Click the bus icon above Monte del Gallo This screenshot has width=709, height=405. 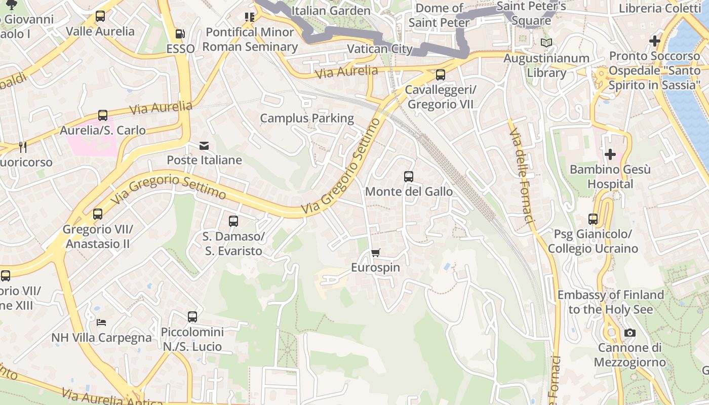coord(409,177)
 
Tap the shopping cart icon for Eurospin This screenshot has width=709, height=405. coord(375,253)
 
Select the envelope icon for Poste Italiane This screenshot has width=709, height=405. coord(204,146)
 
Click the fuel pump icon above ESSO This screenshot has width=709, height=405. coord(180,34)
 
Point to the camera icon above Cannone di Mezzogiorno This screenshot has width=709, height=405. coord(629,333)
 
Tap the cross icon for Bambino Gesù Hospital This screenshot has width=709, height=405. coord(610,154)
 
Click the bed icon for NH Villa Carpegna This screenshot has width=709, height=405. coord(101,322)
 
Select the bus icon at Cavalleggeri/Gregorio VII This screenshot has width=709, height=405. coord(441,75)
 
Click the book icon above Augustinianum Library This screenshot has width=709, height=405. coord(546,43)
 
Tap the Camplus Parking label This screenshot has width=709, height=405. coord(307,118)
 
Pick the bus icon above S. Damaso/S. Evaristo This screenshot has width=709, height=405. coord(233,221)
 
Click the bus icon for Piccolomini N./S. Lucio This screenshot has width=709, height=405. coord(192,317)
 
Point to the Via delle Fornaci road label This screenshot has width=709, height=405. coord(522,175)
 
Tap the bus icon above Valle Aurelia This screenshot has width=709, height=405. coord(100,16)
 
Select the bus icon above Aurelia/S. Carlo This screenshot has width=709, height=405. coord(103,115)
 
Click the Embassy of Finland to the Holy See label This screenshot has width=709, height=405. coord(610,302)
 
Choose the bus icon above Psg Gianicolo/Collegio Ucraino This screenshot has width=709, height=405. coord(593,219)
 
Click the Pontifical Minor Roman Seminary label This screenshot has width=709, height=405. coord(250,39)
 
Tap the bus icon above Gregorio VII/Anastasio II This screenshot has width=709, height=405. coord(98,214)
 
